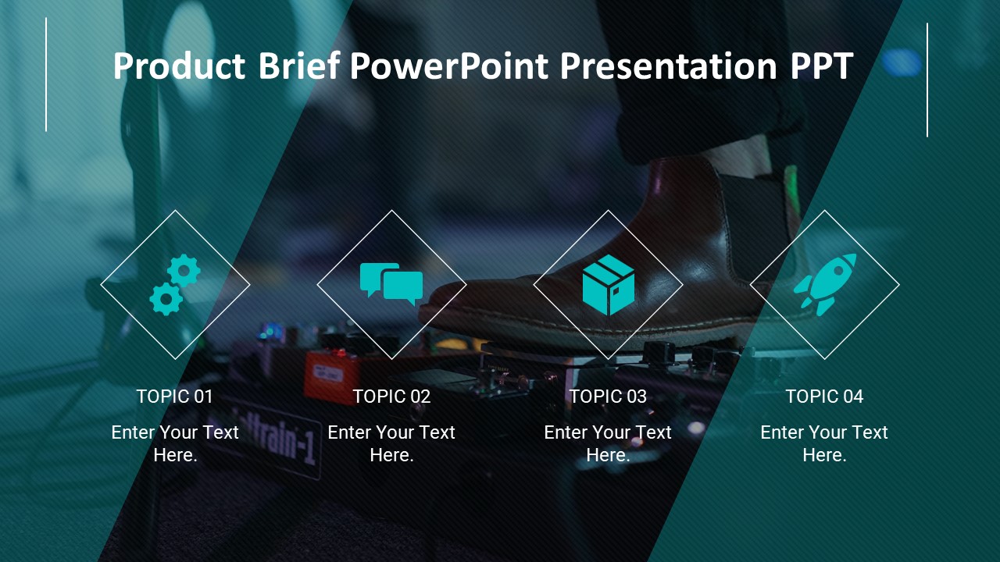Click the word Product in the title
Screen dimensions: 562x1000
[x=179, y=67]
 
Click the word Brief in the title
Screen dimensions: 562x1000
[x=299, y=67]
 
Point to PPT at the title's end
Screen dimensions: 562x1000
[x=821, y=67]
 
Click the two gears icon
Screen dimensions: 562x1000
[x=175, y=285]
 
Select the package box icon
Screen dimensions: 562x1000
[x=608, y=285]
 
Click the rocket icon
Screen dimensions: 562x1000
[x=825, y=285]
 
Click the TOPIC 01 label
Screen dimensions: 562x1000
[x=175, y=397]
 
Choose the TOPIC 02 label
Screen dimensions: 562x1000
[x=391, y=397]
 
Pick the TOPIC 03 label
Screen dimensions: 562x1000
[x=608, y=397]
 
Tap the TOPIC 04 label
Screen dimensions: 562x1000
[x=824, y=397]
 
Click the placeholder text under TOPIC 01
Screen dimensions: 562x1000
[x=175, y=443]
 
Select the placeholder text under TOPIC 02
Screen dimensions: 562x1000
[x=391, y=443]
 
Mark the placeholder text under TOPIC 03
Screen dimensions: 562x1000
[x=608, y=443]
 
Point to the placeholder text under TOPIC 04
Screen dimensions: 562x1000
[x=824, y=443]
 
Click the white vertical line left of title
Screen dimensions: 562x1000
[x=46, y=75]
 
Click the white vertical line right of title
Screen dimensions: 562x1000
[x=927, y=80]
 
